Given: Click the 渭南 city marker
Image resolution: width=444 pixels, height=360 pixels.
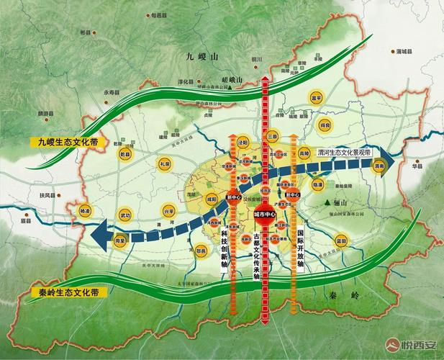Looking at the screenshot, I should (381, 166).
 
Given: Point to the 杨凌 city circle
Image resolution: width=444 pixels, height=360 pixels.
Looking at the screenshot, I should (85, 212).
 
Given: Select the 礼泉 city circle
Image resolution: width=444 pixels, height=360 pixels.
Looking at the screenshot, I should (164, 164).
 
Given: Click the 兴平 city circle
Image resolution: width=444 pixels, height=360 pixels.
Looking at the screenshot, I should (168, 212).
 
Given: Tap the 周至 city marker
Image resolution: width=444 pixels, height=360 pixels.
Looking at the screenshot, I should (119, 241).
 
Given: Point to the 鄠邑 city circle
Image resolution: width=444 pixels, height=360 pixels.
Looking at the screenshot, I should (201, 251).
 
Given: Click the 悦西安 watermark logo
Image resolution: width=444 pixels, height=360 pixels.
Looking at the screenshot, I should (412, 346).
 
